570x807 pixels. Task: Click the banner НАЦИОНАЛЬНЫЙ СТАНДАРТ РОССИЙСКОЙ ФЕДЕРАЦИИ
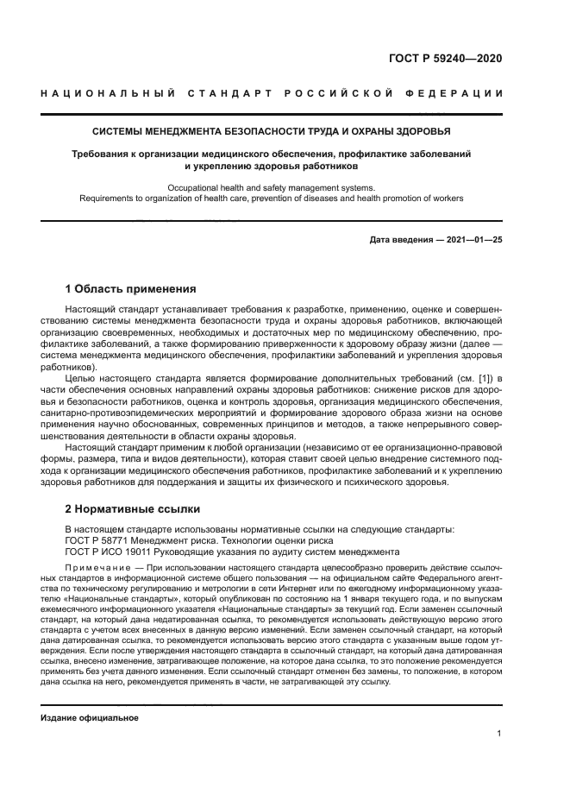click(x=272, y=93)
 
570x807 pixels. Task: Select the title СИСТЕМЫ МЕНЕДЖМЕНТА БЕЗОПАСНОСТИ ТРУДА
click(x=272, y=132)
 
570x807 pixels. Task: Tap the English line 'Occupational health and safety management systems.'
click(x=272, y=187)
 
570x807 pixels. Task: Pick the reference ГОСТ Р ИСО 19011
click(x=112, y=551)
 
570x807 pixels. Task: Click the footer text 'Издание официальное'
click(x=90, y=717)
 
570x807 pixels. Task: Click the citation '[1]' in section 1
click(x=483, y=379)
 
